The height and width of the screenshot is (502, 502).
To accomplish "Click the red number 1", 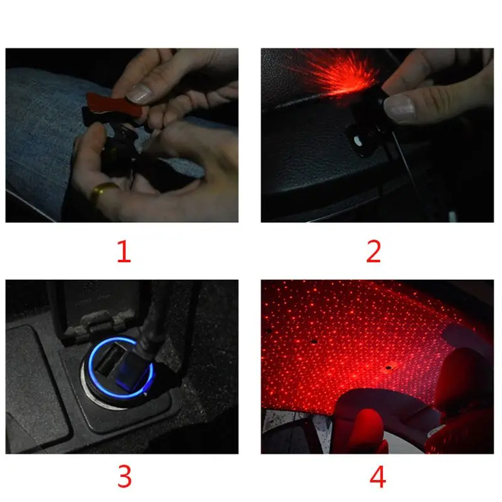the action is coord(124,252).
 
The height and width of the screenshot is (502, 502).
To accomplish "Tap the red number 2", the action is coord(373,252).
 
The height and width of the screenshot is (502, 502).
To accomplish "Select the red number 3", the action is coord(124,476).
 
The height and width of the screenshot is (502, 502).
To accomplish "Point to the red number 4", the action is coord(378,476).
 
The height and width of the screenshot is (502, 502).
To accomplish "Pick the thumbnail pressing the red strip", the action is coord(139,93).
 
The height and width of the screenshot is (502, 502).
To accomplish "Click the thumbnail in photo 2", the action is coord(399,109).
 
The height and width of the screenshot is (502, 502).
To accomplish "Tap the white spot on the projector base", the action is coord(358,141).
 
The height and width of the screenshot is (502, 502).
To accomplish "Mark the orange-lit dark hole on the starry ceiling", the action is coord(388,368).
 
